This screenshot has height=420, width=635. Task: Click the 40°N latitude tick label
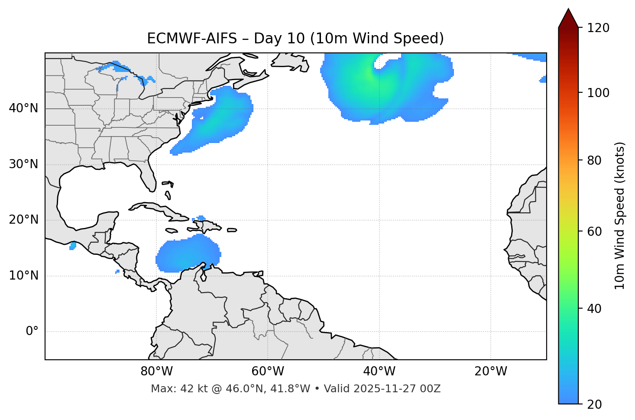click(x=23, y=108)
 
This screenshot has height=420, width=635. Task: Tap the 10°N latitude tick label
click(x=23, y=276)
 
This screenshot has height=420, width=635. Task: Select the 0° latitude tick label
click(x=32, y=332)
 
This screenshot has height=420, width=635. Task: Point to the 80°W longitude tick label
click(x=156, y=371)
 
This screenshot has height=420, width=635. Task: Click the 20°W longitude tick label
click(x=491, y=371)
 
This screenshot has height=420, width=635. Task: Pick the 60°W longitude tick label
click(x=268, y=371)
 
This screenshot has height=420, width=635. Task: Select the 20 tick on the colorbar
click(x=595, y=404)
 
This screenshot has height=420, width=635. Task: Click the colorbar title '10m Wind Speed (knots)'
click(x=620, y=215)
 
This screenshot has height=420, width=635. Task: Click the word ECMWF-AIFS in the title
click(x=192, y=39)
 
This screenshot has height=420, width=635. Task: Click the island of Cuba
click(x=160, y=209)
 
